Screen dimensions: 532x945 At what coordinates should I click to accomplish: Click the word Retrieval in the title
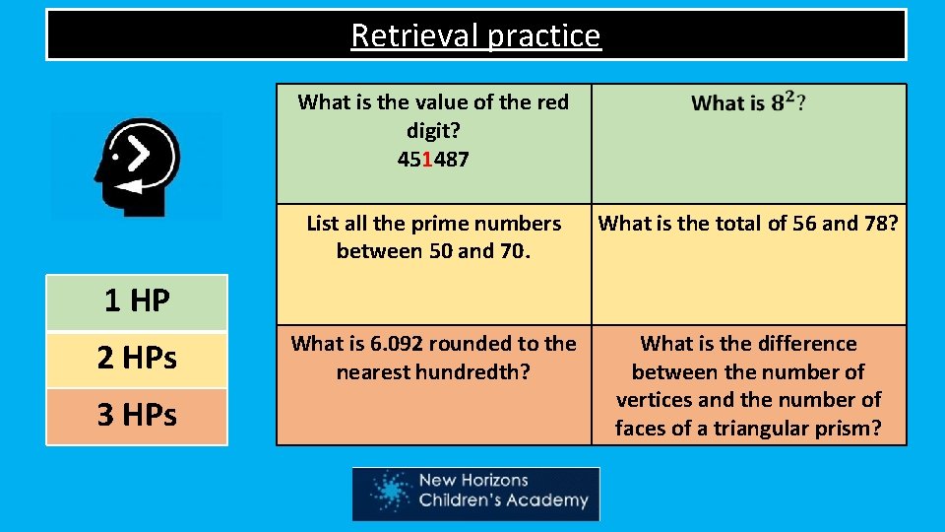(397, 35)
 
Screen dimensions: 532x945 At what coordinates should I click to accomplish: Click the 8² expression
(785, 101)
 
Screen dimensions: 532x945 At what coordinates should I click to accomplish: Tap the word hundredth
(477, 372)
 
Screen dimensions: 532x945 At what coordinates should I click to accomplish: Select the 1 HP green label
(137, 301)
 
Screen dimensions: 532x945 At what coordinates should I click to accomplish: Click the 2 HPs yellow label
(137, 359)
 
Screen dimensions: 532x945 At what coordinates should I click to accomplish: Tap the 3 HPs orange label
(137, 416)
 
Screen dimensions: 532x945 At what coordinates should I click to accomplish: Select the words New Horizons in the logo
(473, 482)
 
